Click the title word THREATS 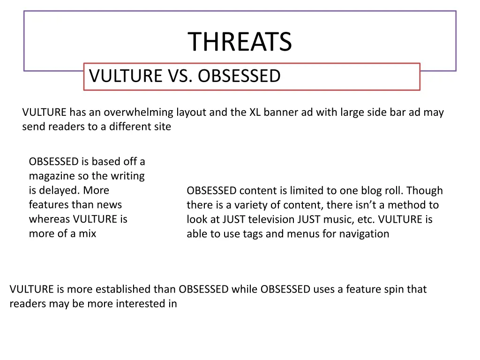[x=240, y=42]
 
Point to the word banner [x=271, y=112]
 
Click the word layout [x=191, y=112]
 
